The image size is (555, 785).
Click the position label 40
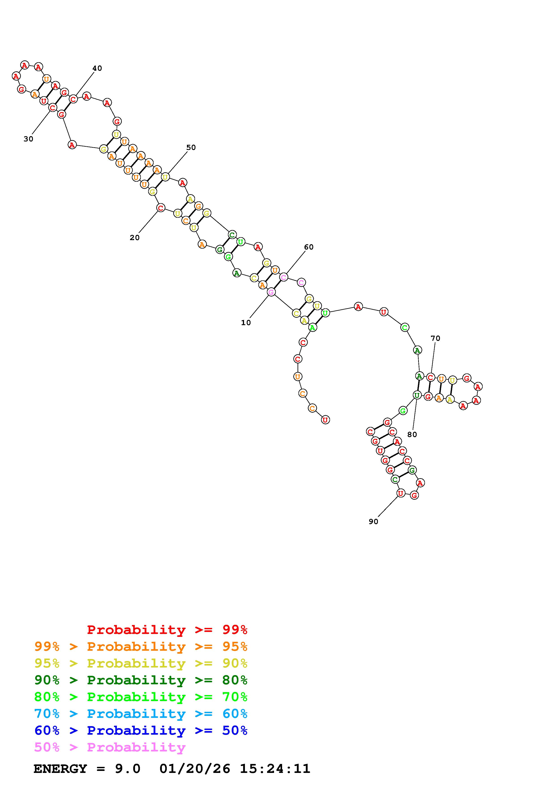[97, 68]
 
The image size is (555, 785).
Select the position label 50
[191, 147]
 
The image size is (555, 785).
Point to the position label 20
[134, 238]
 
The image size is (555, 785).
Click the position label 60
[309, 247]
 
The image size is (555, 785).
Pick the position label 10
[246, 323]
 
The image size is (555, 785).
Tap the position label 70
[435, 339]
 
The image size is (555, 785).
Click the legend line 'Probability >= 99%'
[167, 630]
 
